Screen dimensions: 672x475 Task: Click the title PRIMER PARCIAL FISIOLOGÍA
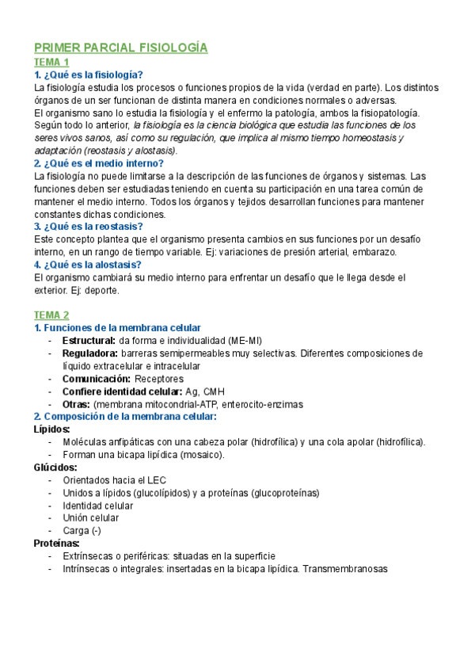click(x=120, y=48)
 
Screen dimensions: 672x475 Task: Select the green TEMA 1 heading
click(x=51, y=63)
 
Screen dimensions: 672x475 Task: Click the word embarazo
click(x=373, y=252)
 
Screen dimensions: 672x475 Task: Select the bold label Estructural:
click(x=89, y=340)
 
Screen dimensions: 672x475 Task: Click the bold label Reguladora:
click(x=90, y=353)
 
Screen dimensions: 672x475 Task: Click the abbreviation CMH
click(x=214, y=391)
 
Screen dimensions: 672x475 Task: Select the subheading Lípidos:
click(x=52, y=429)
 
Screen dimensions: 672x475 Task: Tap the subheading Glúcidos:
click(x=55, y=467)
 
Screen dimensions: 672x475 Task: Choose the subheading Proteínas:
click(x=56, y=543)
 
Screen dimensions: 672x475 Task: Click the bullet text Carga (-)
click(x=82, y=530)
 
